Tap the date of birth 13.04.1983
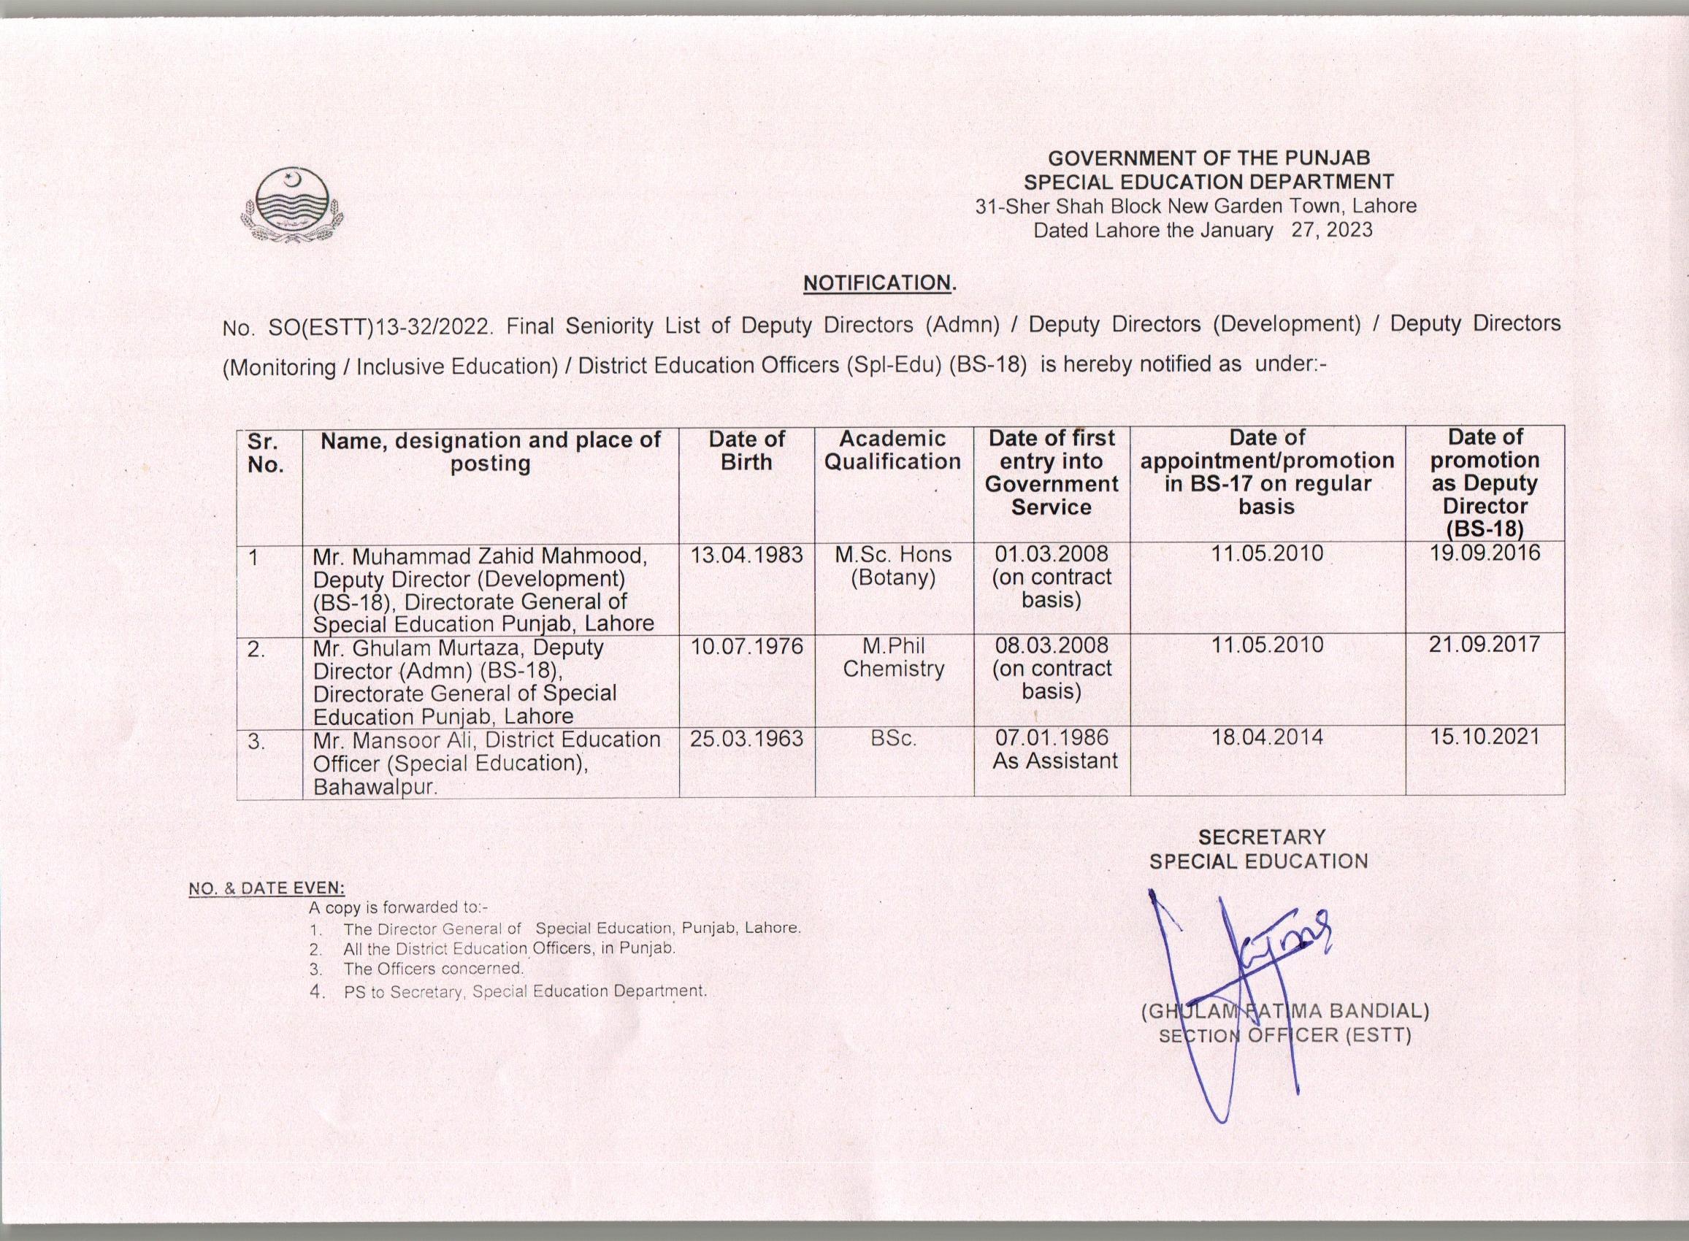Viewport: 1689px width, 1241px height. coord(746,555)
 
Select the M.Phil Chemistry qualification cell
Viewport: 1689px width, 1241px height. coord(892,657)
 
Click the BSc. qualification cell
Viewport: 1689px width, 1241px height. coord(892,739)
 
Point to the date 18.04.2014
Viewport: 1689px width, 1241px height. coord(1267,738)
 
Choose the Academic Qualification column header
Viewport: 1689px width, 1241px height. coord(892,450)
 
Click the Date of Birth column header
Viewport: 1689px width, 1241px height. coord(746,450)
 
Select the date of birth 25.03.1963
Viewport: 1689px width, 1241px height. coord(746,739)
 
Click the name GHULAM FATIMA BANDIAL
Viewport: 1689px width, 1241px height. coord(1284,1011)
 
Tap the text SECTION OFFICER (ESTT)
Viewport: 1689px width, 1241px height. coord(1284,1036)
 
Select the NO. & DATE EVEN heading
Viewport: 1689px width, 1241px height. coord(267,888)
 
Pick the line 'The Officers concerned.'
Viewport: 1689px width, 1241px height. coord(434,968)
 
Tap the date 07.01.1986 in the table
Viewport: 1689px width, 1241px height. coord(1051,738)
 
